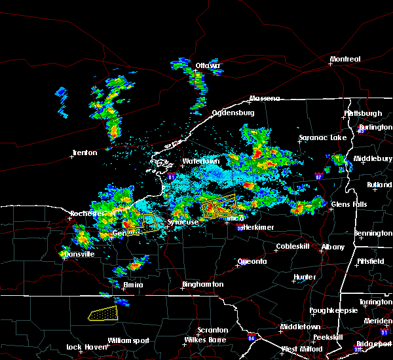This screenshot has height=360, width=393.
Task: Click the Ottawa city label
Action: point(208,65)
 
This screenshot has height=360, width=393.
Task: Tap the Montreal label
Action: point(345,60)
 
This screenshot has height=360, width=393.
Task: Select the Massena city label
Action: point(264,99)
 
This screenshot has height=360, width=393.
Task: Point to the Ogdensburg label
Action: point(233,113)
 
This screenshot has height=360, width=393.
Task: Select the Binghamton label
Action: point(203,285)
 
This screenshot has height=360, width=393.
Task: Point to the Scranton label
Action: point(213,331)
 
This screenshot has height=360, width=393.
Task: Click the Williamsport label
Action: point(128,340)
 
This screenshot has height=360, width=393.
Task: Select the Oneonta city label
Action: point(252,261)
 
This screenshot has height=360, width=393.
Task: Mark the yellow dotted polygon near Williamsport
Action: point(103,314)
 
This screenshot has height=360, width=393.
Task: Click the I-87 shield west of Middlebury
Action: point(318,176)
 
